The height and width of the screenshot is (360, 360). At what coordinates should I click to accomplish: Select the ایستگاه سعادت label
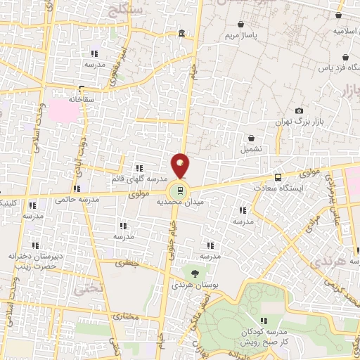click(x=297, y=189)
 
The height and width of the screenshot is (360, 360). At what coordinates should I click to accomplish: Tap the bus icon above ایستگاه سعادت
click(x=278, y=177)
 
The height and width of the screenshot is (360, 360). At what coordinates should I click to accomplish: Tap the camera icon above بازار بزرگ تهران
click(x=300, y=110)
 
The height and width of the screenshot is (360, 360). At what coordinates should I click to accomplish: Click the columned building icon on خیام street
click(x=182, y=34)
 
